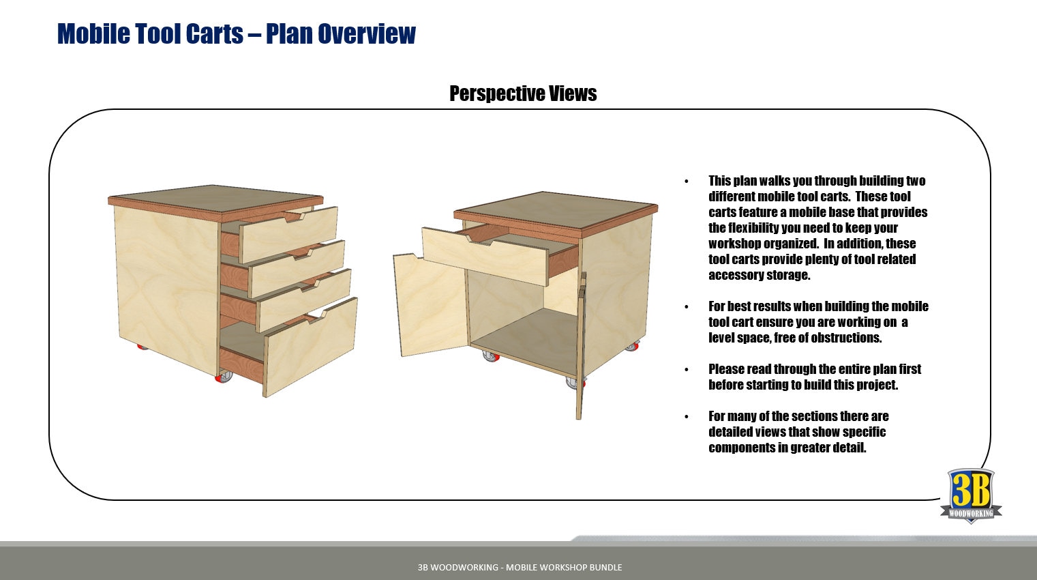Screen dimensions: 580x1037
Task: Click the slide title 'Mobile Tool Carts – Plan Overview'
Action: click(x=236, y=33)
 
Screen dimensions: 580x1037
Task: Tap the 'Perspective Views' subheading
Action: click(x=523, y=93)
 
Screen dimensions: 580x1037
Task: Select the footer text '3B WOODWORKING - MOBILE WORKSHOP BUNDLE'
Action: click(x=520, y=567)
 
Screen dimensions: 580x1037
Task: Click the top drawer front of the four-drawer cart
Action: click(x=288, y=234)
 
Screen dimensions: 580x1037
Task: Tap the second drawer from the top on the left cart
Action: click(x=298, y=269)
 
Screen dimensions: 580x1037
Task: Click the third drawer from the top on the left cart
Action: click(x=304, y=301)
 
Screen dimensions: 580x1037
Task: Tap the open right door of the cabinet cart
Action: click(x=580, y=348)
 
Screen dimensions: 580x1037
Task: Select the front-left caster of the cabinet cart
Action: click(x=490, y=356)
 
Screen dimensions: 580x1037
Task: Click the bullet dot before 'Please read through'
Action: click(x=687, y=370)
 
